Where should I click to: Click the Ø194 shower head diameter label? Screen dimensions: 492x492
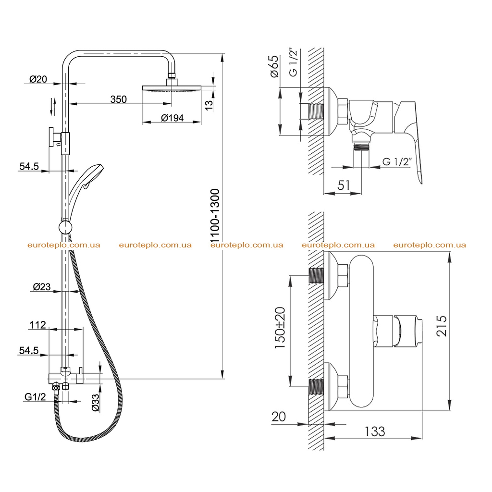[172, 118]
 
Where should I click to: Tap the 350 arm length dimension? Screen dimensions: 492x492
[119, 99]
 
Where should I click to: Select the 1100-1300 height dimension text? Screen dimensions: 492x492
[215, 216]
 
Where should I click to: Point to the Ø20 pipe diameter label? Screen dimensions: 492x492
[38, 79]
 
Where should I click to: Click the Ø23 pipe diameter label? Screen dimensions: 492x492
[42, 287]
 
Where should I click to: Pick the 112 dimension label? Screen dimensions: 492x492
[37, 325]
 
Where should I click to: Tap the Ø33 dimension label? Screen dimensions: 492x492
[96, 403]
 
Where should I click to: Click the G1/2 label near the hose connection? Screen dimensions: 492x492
[35, 397]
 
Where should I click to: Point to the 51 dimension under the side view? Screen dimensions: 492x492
[344, 185]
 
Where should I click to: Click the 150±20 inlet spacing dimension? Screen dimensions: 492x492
[280, 328]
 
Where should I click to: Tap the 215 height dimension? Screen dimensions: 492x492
[442, 326]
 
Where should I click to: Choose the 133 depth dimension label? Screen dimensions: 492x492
[375, 432]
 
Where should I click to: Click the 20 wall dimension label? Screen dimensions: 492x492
[279, 417]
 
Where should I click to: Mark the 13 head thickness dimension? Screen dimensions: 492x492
[209, 104]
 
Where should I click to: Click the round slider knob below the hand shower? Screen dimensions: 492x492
[65, 227]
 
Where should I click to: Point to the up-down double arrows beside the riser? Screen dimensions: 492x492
[53, 107]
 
